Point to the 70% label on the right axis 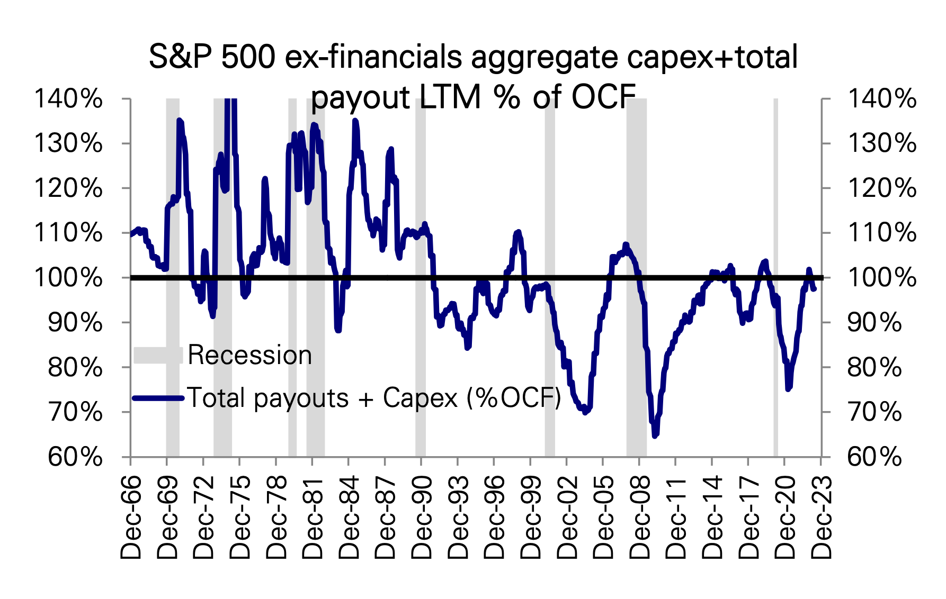874,412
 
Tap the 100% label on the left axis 68,278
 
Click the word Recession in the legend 249,355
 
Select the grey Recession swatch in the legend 158,355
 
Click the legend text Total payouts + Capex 373,398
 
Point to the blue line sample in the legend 158,398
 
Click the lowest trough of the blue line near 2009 655,435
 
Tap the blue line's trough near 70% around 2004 585,411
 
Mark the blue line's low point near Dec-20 788,388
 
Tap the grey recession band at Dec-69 173,317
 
